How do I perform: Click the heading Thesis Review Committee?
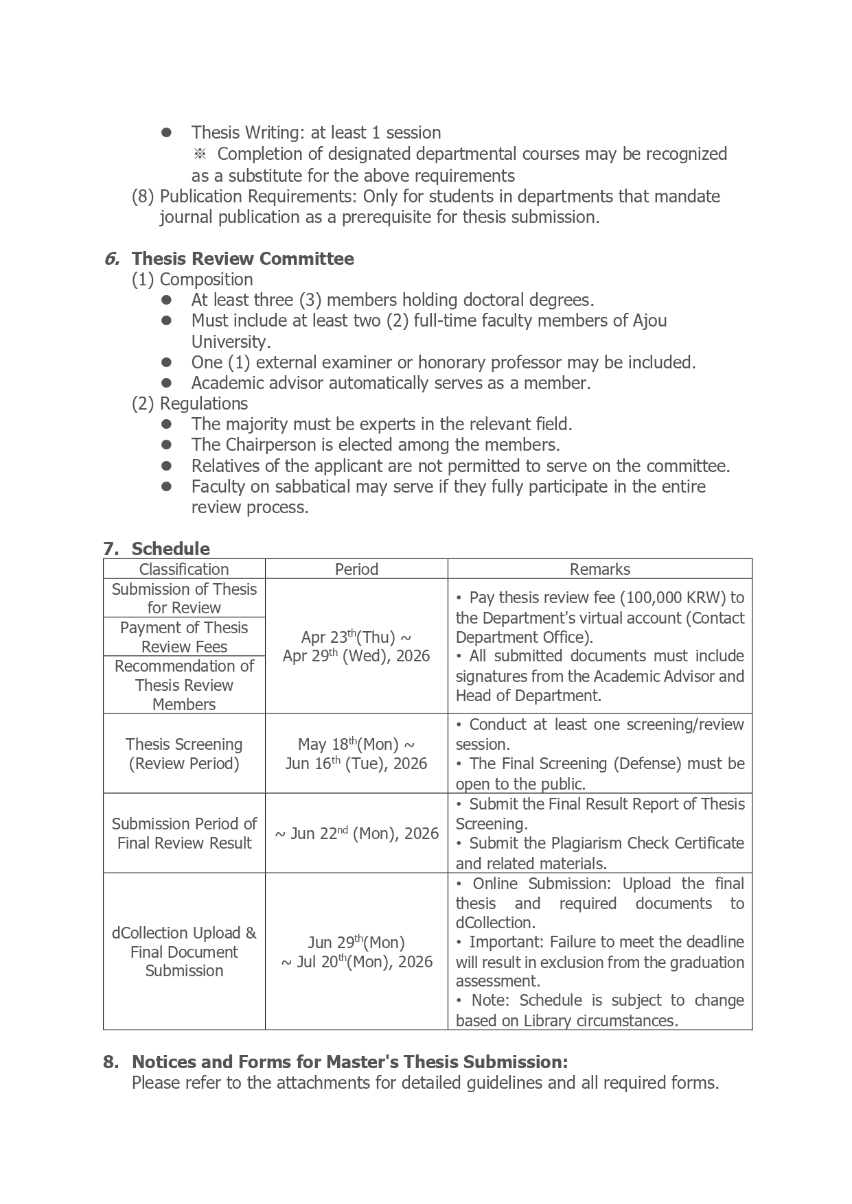coord(242,259)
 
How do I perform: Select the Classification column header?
coord(184,569)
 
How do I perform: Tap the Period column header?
coord(356,569)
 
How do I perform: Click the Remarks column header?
coord(599,569)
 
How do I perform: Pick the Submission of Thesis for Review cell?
coord(184,598)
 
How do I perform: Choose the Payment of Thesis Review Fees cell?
coord(184,637)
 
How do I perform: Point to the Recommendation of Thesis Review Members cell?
coord(184,685)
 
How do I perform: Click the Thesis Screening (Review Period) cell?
coord(184,753)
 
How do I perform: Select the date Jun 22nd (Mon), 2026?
coord(356,834)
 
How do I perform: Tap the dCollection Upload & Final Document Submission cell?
coord(184,952)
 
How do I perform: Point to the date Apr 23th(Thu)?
coord(347,637)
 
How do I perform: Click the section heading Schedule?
coord(170,549)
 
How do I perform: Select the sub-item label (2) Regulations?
coord(190,403)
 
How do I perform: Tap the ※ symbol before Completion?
coord(200,154)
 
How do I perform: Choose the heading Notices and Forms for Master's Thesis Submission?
coord(349,1062)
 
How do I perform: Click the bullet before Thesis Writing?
coord(166,132)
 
